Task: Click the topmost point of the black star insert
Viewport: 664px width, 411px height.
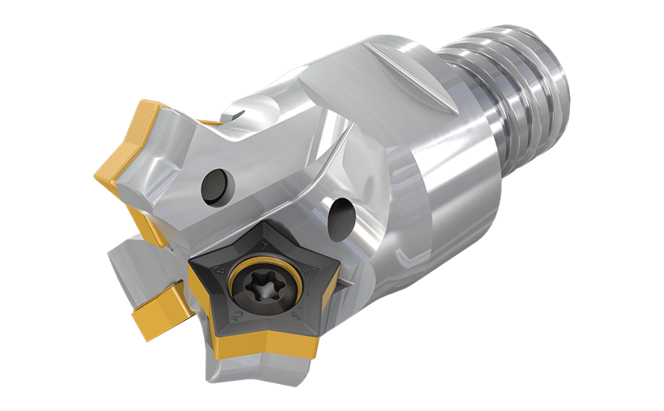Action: (262, 228)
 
